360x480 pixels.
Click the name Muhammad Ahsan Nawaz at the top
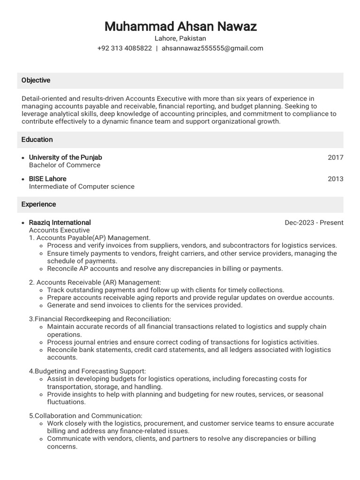tap(180, 26)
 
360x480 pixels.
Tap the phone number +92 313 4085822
tap(124, 48)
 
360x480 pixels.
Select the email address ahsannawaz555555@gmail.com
tap(212, 48)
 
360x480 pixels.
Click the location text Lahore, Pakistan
tap(180, 38)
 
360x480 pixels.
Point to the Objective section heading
tap(36, 80)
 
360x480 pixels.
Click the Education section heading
tap(37, 140)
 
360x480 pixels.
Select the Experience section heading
tap(38, 204)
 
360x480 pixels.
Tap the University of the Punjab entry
tap(65, 157)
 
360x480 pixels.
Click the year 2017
tap(335, 157)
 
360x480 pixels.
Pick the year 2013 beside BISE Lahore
tap(335, 179)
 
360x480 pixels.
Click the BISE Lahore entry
tap(47, 179)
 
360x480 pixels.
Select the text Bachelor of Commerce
tap(65, 165)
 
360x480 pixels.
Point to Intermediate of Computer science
tap(82, 187)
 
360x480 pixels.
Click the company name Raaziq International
tap(60, 223)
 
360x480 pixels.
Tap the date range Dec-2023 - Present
tap(314, 223)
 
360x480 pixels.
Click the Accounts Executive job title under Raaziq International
tap(59, 230)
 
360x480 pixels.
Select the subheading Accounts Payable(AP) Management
tap(93, 238)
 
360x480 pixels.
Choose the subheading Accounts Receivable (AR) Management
tap(98, 282)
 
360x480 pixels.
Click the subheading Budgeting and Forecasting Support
tap(90, 371)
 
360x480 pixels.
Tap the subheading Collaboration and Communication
tap(88, 416)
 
